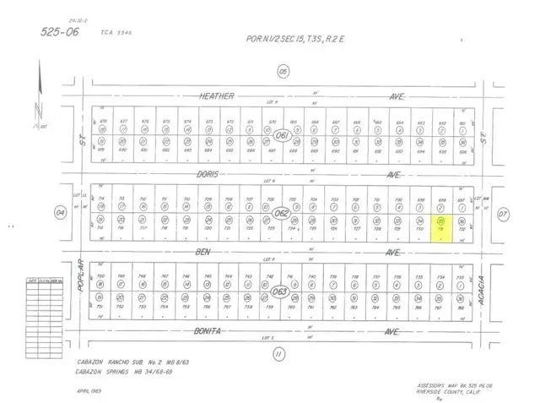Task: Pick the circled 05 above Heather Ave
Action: coord(283,70)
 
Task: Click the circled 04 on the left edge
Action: coord(61,213)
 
